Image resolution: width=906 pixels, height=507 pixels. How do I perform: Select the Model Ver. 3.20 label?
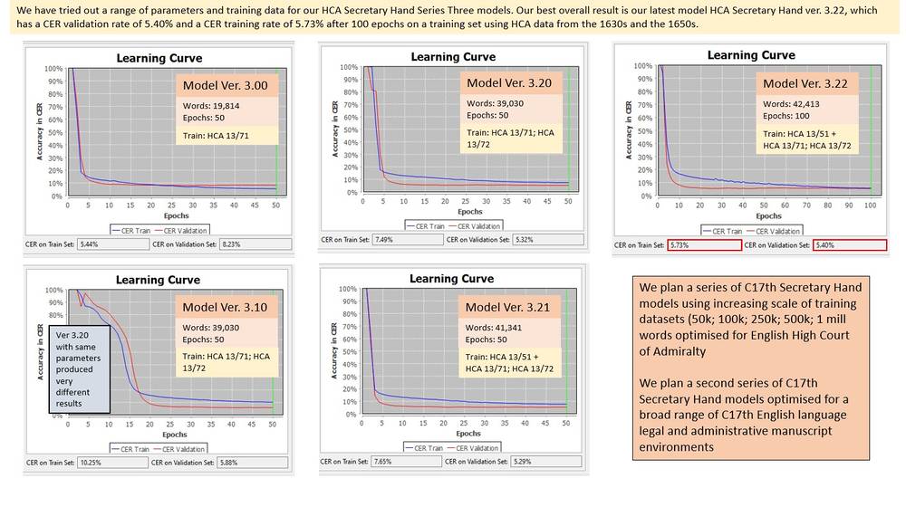coord(508,82)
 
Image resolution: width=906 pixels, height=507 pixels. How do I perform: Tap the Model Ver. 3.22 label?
coord(804,83)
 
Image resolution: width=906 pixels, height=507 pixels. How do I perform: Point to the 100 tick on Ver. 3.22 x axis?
coord(870,206)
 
